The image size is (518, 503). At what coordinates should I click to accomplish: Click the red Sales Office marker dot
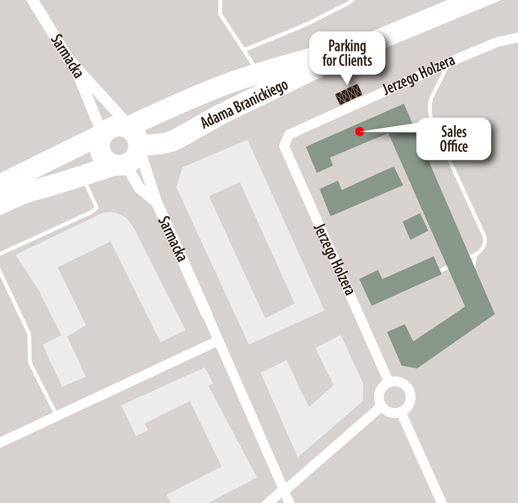point(359,131)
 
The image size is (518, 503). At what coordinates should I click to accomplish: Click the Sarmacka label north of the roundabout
point(67,56)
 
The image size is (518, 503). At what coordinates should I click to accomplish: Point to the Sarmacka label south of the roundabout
point(171,239)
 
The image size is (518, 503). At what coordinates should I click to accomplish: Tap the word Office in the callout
point(454,146)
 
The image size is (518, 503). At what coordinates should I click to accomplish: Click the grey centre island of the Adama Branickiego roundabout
point(119,145)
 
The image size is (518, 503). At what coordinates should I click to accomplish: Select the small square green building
point(415,226)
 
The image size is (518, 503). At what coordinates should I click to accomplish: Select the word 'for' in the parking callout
point(329,61)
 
